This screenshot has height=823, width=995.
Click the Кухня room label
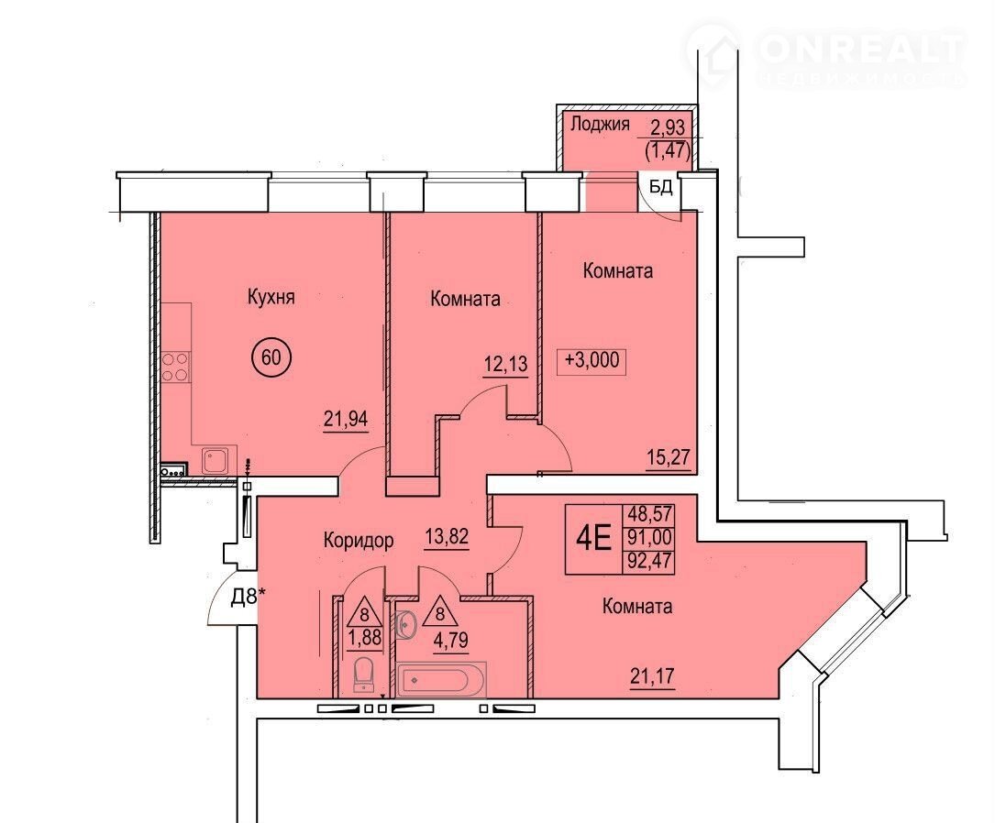271,297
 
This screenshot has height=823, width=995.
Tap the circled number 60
271,357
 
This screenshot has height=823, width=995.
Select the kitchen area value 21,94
346,419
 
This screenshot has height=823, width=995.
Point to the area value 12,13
505,364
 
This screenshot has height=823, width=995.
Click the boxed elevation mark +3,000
592,360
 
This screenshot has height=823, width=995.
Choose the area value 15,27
669,456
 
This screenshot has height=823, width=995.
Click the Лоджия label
600,124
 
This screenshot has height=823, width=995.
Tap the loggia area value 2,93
669,127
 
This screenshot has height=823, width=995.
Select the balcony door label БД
660,187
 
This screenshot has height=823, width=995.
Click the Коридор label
359,540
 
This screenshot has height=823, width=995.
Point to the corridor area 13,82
447,537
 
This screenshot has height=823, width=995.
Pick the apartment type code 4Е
593,539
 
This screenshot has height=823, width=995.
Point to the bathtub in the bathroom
442,680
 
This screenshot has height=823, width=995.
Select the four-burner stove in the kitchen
175,368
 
